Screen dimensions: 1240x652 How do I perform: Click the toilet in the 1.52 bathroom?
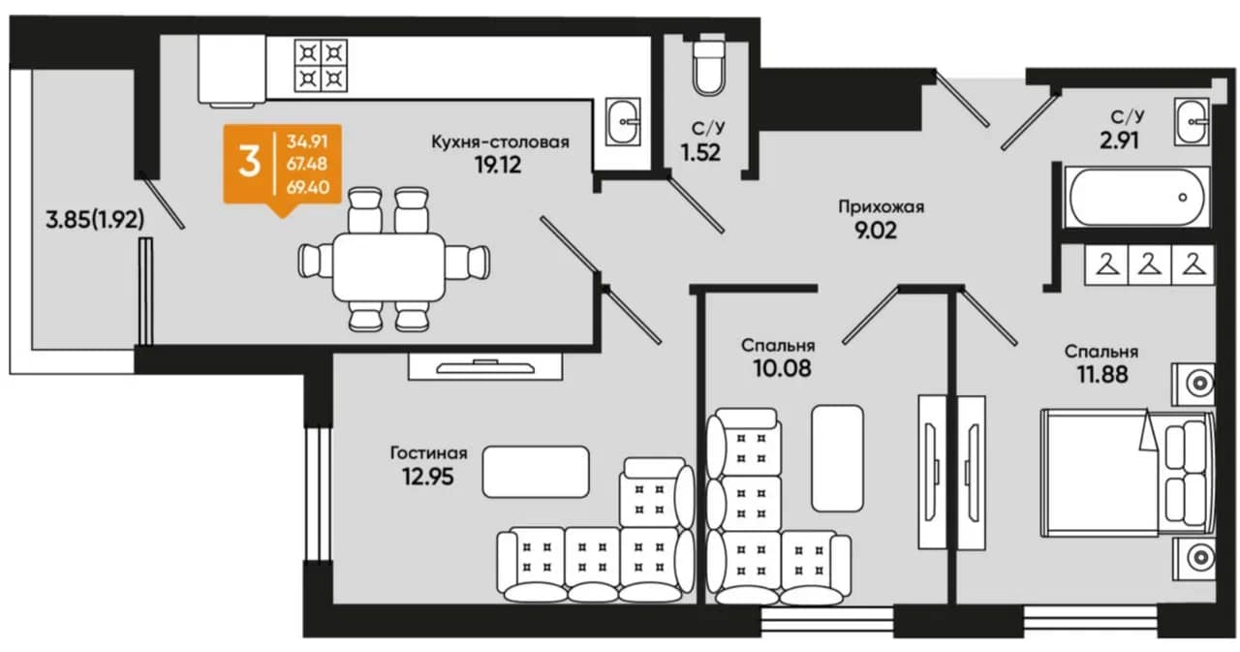[x=708, y=68]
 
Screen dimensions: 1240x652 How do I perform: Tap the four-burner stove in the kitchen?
[x=321, y=65]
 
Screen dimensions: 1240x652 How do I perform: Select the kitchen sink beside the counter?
[x=623, y=122]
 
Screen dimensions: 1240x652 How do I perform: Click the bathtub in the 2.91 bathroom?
[x=1137, y=197]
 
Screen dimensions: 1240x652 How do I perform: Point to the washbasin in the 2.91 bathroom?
[x=1192, y=122]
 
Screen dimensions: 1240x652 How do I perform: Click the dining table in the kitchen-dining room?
[x=388, y=266]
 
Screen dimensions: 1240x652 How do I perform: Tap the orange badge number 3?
[x=249, y=163]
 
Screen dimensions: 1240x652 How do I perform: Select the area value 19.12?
[x=498, y=165]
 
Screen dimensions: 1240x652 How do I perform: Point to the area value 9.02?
[x=876, y=231]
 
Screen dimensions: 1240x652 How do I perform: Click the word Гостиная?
[x=429, y=452]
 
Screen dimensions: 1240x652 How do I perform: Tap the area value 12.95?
[x=428, y=477]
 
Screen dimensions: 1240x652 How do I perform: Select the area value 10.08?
[x=782, y=368]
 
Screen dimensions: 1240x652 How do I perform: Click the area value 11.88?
[x=1102, y=375]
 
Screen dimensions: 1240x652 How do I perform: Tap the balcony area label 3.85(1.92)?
[x=95, y=220]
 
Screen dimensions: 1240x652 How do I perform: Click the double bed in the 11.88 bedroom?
[x=1127, y=473]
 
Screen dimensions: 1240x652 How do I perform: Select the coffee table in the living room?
[x=536, y=472]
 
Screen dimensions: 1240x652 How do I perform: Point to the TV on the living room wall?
[x=485, y=367]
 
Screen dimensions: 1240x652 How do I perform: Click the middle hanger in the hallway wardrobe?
[x=1149, y=264]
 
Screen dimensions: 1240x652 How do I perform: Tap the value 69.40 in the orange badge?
[x=308, y=187]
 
